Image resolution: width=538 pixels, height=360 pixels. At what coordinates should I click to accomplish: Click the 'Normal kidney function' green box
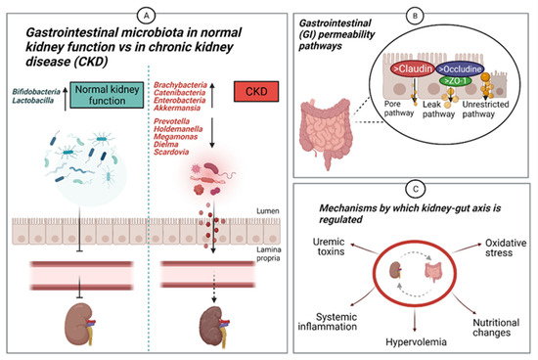(x=107, y=97)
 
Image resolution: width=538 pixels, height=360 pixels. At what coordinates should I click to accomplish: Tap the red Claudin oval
(x=408, y=70)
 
